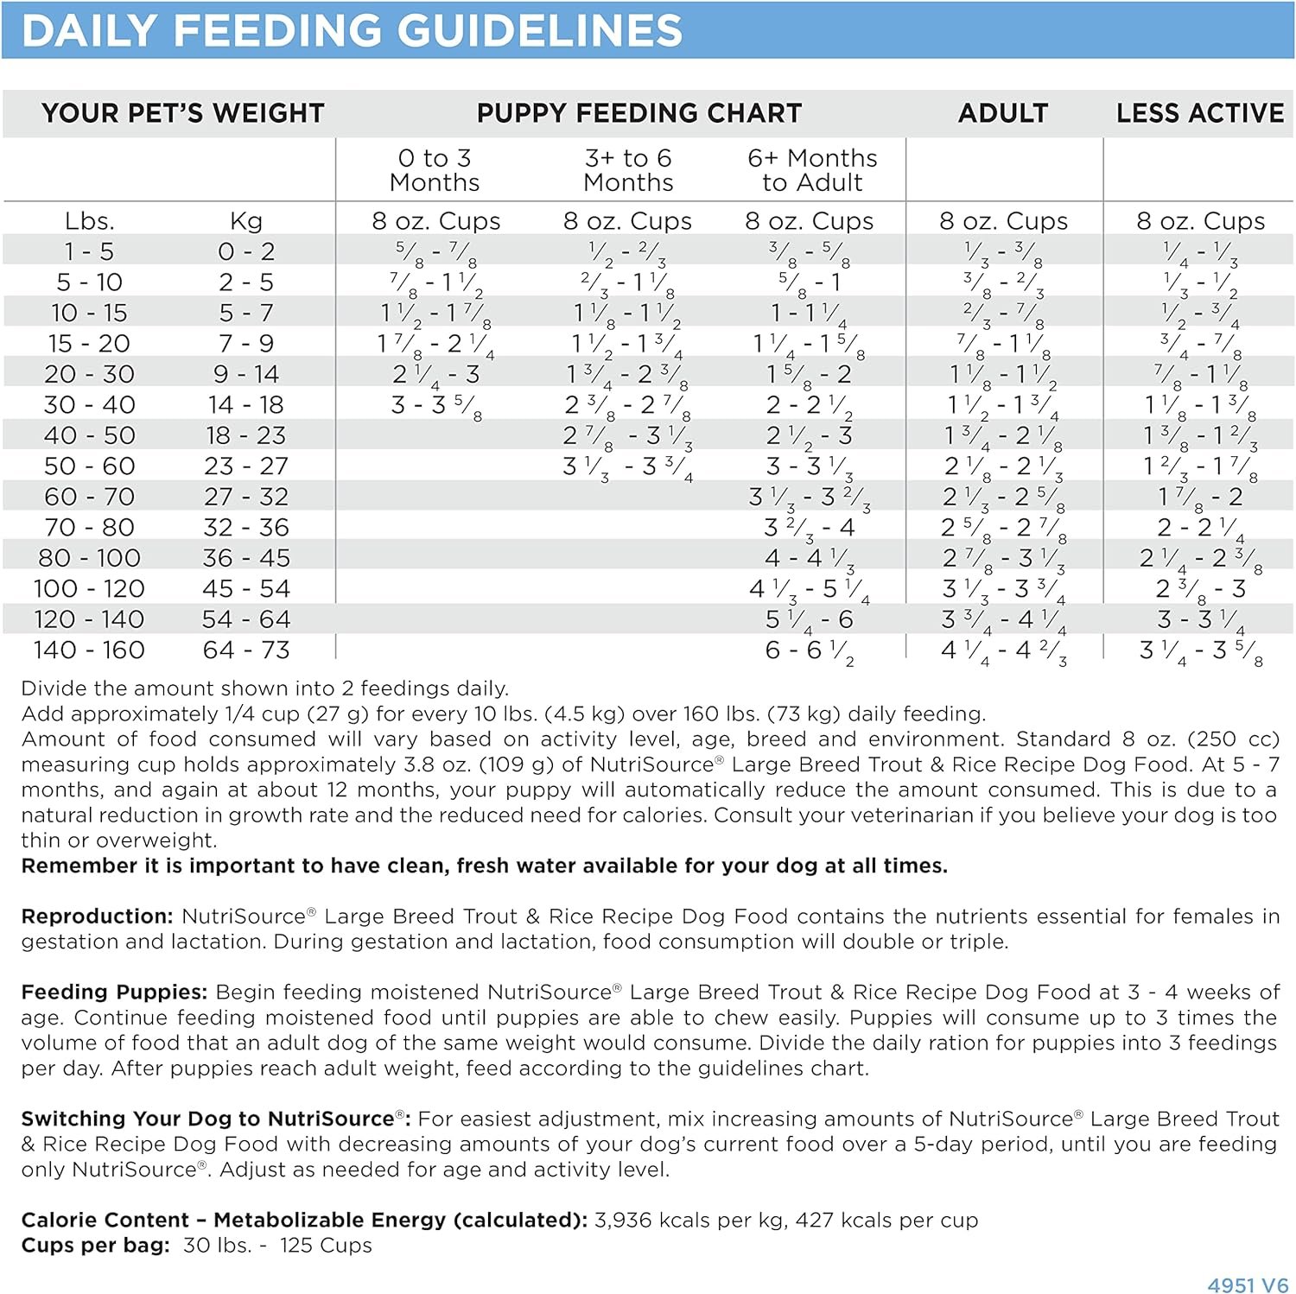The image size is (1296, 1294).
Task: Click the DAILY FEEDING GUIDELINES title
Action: coord(352,31)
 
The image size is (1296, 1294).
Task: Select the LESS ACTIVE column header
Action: coord(1199,113)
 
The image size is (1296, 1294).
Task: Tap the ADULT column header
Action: coord(1003,113)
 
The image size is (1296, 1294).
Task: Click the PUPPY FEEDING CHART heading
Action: coord(639,113)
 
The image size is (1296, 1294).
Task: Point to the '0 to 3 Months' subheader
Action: coord(435,170)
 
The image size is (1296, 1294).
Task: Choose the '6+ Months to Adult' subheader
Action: coord(812,170)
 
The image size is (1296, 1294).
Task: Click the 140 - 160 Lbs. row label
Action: coord(89,650)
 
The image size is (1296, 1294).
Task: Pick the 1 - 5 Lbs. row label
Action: coord(89,251)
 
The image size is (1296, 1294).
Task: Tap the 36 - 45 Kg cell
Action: coord(246,558)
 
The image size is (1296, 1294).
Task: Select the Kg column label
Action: coord(246,221)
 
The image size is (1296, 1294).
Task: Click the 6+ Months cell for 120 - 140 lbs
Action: coord(810,620)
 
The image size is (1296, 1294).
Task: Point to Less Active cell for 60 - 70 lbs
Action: coord(1200,498)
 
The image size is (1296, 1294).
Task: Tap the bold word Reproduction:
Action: coord(98,917)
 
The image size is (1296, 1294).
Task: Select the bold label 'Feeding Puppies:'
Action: coord(114,993)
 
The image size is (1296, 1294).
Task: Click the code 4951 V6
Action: coord(1248,1284)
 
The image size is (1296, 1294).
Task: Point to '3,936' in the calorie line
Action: coord(623,1221)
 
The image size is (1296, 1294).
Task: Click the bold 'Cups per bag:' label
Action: coord(96,1246)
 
